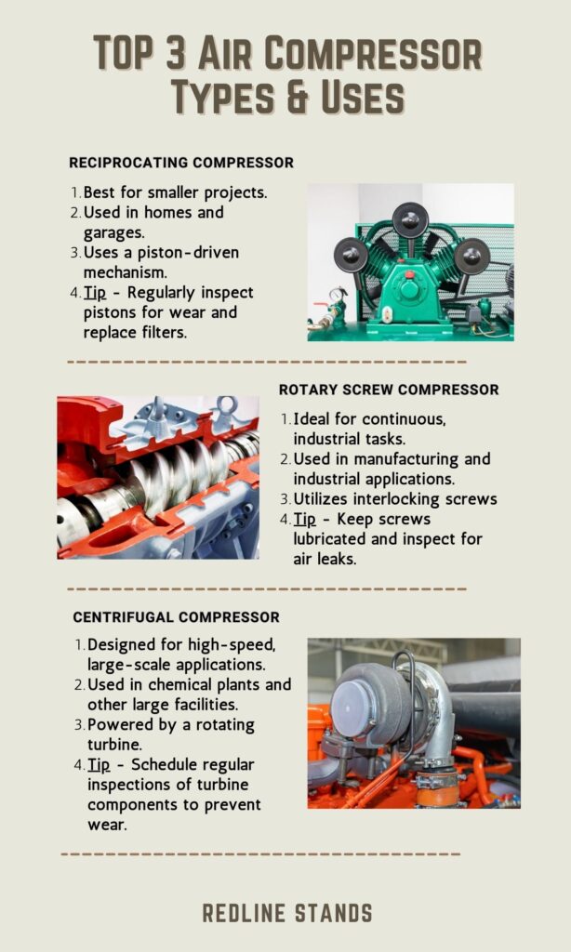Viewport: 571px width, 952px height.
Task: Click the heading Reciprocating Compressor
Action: pyautogui.click(x=181, y=163)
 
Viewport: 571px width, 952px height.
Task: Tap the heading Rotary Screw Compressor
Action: pyautogui.click(x=389, y=390)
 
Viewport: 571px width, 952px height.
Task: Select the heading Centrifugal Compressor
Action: pyautogui.click(x=176, y=617)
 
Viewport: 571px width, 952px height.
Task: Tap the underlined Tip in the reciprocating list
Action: pyautogui.click(x=97, y=293)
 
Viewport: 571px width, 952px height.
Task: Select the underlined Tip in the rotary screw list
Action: pyautogui.click(x=306, y=520)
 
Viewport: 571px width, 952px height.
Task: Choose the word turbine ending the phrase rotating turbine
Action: pyautogui.click(x=110, y=745)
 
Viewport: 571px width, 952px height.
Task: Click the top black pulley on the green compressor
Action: pyautogui.click(x=410, y=219)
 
